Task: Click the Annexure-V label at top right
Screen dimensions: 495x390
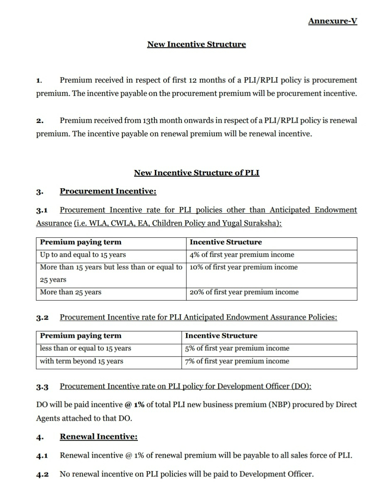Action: (x=332, y=21)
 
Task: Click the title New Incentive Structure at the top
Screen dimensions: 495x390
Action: (x=196, y=44)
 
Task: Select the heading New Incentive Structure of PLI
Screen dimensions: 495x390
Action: (x=196, y=173)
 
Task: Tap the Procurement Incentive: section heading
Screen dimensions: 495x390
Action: (x=108, y=191)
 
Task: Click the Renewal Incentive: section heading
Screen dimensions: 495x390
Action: (x=98, y=437)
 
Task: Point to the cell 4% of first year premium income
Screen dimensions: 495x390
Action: (x=242, y=255)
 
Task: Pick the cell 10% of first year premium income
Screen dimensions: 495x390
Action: (x=243, y=267)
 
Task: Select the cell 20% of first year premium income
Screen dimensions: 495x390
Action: (x=244, y=292)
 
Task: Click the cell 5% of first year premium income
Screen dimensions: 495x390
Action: (x=237, y=348)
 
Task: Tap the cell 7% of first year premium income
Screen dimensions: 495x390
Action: (x=237, y=361)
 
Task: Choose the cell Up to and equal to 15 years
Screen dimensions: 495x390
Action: (x=83, y=255)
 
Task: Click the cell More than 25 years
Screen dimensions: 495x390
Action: (x=71, y=292)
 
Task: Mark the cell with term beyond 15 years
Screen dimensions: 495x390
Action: (x=81, y=361)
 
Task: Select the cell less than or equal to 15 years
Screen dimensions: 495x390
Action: (x=85, y=348)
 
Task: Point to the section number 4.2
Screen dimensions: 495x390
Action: (x=42, y=474)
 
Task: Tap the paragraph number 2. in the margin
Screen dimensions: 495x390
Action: (x=39, y=121)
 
